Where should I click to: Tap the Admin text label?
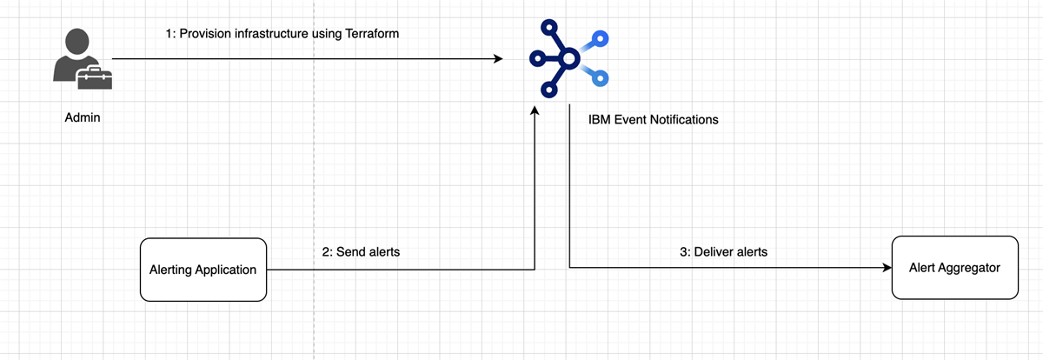coord(83,117)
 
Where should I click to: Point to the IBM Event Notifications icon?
coord(568,59)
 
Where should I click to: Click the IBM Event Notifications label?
coord(654,119)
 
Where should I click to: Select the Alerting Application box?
coord(203,270)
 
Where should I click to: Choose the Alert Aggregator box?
coord(955,268)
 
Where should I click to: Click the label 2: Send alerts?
coord(362,252)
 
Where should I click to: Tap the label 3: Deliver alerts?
coord(722,252)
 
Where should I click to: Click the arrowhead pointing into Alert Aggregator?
coord(887,268)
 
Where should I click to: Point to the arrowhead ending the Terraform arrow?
coord(498,59)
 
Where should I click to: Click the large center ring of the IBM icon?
coord(568,59)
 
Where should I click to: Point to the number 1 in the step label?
coord(169,33)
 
